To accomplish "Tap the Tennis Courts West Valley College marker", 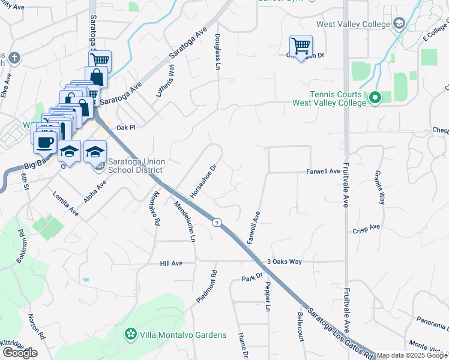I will (x=375, y=97).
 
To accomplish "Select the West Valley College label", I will (x=354, y=24).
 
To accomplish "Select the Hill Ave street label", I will (x=171, y=263).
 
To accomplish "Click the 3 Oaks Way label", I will (x=285, y=262).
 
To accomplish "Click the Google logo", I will (x=19, y=352).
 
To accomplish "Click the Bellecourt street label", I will (x=300, y=326).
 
